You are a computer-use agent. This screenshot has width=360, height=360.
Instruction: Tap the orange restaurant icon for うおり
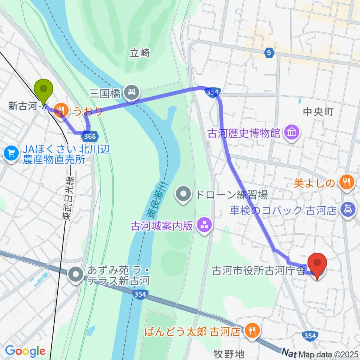pyautogui.click(x=60, y=109)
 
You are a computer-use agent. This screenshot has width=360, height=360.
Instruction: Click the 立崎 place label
pyautogui.click(x=140, y=53)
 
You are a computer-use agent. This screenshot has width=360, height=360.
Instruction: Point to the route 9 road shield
pyautogui.click(x=268, y=54)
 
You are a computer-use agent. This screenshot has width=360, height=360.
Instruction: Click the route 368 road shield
pyautogui.click(x=89, y=136)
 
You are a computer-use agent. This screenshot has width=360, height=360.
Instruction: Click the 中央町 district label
pyautogui.click(x=318, y=112)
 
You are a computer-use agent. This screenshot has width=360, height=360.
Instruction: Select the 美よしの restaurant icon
pyautogui.click(x=345, y=182)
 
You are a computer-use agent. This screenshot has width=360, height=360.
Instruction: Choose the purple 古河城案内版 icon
pyautogui.click(x=205, y=225)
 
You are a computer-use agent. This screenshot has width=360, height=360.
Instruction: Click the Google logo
pyautogui.click(x=25, y=351)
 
